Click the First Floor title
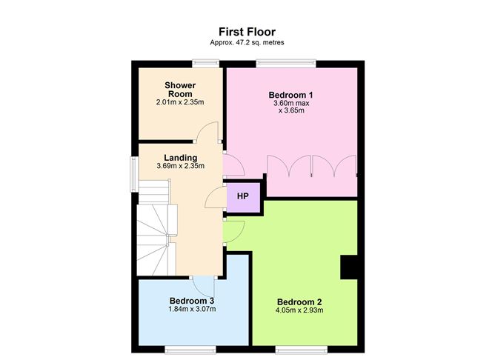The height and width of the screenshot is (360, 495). coord(247,32)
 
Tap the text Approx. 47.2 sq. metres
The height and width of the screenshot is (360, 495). coord(247,42)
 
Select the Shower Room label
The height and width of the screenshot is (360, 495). coord(180,90)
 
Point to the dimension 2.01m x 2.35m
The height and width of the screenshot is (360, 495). coord(180,102)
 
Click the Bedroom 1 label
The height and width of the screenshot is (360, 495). coord(290,95)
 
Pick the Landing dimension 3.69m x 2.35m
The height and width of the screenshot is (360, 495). coord(181,166)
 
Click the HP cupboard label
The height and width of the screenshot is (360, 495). coord(243,196)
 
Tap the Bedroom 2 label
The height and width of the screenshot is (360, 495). coord(299,302)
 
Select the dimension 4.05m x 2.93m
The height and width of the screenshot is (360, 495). coord(299,310)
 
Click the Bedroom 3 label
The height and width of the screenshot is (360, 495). coord(192,301)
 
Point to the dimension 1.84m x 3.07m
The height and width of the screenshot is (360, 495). coord(192,309)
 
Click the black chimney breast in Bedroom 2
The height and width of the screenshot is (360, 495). coord(348,267)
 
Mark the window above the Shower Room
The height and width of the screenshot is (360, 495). coord(206,64)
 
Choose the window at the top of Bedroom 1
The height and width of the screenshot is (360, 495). coord(286,64)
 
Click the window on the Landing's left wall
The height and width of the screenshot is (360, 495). coord(135,174)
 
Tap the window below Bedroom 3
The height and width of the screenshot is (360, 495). coord(190,350)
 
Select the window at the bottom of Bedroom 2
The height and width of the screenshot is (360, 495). coord(301,350)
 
